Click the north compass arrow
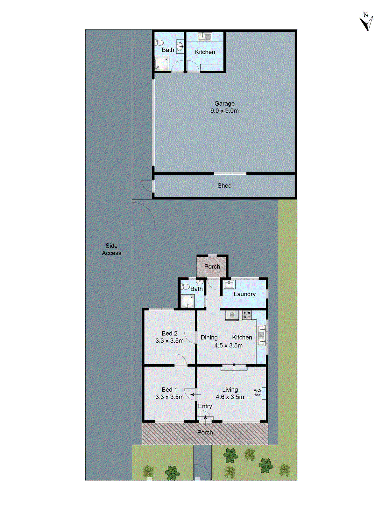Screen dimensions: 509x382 click(367, 22)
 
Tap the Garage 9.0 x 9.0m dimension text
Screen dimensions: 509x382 click(224, 111)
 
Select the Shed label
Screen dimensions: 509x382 click(224, 185)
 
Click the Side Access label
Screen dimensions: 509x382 click(111, 249)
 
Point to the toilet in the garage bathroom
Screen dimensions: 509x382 click(159, 42)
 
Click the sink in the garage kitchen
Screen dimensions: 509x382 click(205, 36)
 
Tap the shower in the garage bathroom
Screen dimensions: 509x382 click(162, 63)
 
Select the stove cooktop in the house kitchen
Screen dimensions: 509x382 click(247, 315)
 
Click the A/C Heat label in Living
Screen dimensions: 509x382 click(258, 393)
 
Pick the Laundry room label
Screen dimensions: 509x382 click(244, 294)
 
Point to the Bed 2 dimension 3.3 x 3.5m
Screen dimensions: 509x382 click(169, 341)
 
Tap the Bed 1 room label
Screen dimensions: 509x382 click(169, 389)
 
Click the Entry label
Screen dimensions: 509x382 click(205, 406)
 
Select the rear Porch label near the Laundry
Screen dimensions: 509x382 click(212, 267)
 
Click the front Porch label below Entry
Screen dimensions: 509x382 click(205, 432)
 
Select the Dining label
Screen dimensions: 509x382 click(209, 338)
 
